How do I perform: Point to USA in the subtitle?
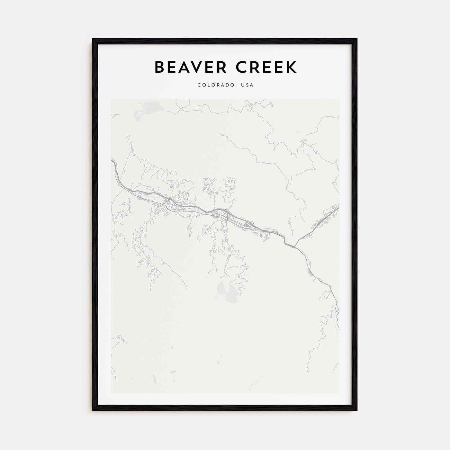click(x=248, y=85)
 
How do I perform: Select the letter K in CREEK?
click(x=292, y=67)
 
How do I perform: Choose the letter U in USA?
click(x=244, y=85)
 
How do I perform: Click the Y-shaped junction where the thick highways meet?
click(x=295, y=247)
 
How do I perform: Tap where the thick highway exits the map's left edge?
click(x=112, y=160)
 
